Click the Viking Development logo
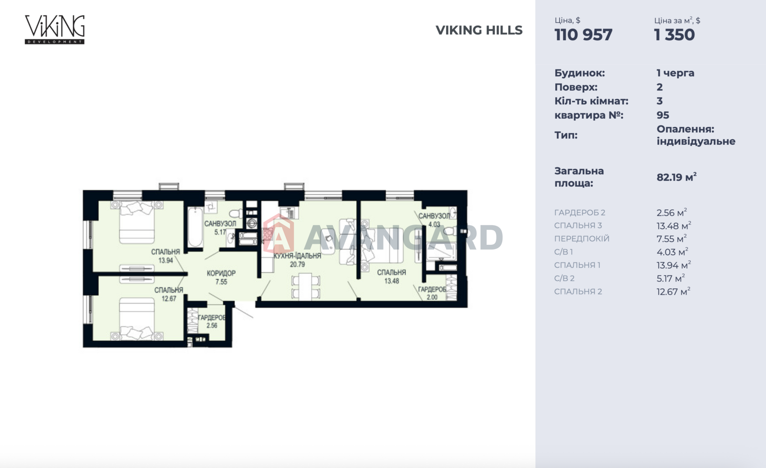point(55,30)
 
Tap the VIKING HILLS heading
point(479,30)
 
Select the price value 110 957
point(584,35)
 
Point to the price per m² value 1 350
point(675,35)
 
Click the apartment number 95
point(663,115)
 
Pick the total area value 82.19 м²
point(676,177)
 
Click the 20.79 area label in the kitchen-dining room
point(297,264)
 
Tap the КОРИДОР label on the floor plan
point(221,274)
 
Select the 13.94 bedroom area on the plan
point(166,260)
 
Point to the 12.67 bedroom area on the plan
point(169,298)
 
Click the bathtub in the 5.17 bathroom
point(195,227)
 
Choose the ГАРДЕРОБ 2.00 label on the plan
point(432,293)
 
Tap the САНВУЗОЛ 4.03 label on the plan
point(434,220)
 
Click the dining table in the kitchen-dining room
point(305,286)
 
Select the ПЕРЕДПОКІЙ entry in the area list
point(582,239)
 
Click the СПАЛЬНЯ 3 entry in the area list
point(578,226)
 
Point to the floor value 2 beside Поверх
point(660,87)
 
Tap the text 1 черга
point(676,73)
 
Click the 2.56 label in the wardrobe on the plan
point(212,325)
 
